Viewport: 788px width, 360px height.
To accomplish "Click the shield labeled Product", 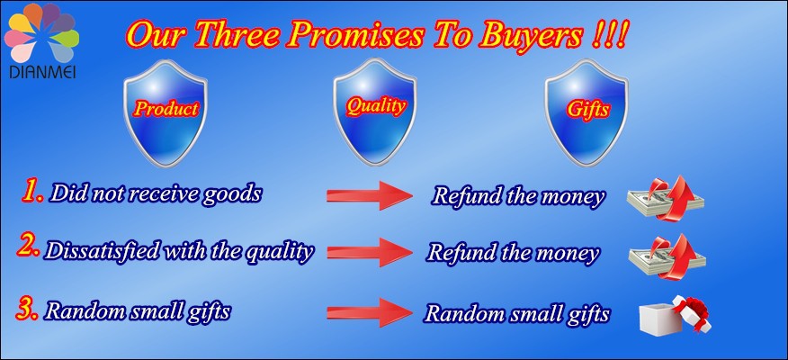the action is tap(166, 113).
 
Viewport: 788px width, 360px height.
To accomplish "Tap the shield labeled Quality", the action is tap(375, 112).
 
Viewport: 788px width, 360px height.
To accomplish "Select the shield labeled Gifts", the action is tap(587, 112).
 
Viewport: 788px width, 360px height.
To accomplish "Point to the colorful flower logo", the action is tap(41, 32).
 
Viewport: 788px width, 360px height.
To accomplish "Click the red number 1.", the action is tap(32, 192).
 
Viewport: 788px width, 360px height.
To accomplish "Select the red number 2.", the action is tap(28, 247).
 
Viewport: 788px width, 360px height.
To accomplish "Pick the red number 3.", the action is tap(27, 309).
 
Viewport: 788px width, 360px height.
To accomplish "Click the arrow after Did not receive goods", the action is tap(370, 195).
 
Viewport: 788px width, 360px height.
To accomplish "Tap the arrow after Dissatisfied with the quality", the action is tap(370, 252).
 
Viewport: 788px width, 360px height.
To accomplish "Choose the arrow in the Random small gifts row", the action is tap(370, 312).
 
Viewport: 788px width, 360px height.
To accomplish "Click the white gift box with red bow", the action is tap(675, 314).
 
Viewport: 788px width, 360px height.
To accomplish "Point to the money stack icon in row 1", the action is tap(665, 198).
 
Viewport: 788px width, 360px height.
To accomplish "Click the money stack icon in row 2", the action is tap(667, 255).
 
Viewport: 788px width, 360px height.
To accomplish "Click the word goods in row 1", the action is tap(232, 194).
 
